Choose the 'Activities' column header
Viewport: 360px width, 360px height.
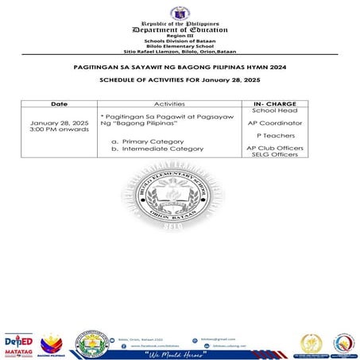point(168,104)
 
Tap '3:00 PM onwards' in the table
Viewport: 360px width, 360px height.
point(56,130)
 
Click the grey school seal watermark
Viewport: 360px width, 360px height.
point(180,206)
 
